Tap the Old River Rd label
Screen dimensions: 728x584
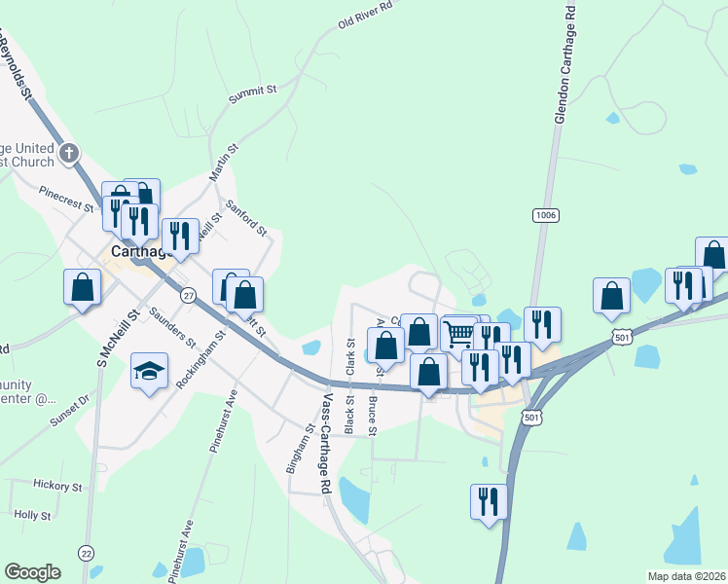pyautogui.click(x=365, y=16)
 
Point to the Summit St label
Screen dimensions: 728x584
pyautogui.click(x=253, y=94)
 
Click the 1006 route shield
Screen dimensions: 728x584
pyautogui.click(x=546, y=213)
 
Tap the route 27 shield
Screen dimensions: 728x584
pyautogui.click(x=190, y=294)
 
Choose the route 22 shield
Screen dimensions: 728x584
pyautogui.click(x=87, y=553)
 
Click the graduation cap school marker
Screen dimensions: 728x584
pyautogui.click(x=149, y=371)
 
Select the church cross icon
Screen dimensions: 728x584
pyautogui.click(x=69, y=152)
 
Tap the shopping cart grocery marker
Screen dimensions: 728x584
pyautogui.click(x=458, y=335)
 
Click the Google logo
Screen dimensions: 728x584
pyautogui.click(x=32, y=571)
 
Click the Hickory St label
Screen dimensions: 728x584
pyautogui.click(x=57, y=484)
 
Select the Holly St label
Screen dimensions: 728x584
pyautogui.click(x=32, y=514)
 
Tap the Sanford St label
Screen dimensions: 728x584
pyautogui.click(x=245, y=218)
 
